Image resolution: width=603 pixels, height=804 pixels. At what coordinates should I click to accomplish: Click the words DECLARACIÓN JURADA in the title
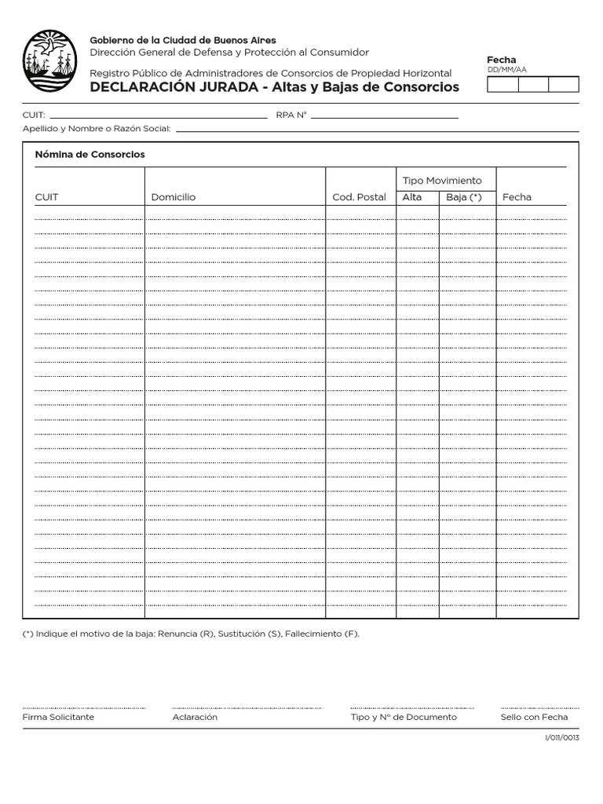[x=174, y=87]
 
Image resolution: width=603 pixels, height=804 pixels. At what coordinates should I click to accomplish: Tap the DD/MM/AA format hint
[x=506, y=70]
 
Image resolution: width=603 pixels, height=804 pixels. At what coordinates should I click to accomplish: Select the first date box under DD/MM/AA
[x=502, y=85]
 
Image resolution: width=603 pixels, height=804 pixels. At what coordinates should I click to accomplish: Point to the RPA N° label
[x=291, y=115]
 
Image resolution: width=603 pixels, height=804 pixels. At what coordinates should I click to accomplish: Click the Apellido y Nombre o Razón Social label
[x=97, y=128]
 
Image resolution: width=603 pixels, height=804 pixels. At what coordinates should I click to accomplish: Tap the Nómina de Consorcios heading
[x=90, y=155]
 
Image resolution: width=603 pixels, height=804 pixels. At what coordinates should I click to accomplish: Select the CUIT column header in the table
[x=46, y=197]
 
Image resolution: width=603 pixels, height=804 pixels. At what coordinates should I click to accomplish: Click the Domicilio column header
[x=174, y=197]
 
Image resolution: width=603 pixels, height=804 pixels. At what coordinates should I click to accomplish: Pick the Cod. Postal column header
[x=359, y=197]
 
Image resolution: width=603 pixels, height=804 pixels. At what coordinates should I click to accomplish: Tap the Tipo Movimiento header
[x=442, y=181]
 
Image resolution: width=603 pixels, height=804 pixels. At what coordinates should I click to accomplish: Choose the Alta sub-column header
[x=411, y=197]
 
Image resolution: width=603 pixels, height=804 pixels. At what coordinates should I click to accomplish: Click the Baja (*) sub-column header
[x=464, y=197]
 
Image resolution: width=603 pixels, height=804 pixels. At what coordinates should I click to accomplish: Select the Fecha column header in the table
[x=517, y=197]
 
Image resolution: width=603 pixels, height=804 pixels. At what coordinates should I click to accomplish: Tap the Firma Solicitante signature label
[x=58, y=717]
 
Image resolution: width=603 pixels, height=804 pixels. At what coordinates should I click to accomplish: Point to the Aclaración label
[x=195, y=717]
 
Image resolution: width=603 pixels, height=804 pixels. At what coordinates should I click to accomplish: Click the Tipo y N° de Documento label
[x=404, y=717]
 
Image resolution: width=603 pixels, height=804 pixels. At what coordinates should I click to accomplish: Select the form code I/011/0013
[x=561, y=739]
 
